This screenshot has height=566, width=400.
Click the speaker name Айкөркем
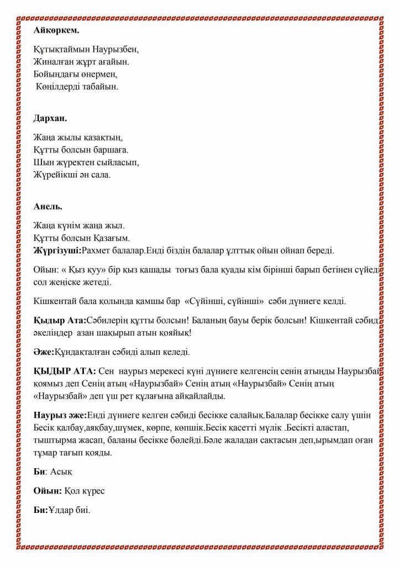(x=56, y=30)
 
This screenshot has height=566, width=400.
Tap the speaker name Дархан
(x=50, y=118)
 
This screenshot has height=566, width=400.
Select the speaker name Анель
(x=48, y=206)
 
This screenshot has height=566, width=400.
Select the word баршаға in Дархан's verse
(x=111, y=150)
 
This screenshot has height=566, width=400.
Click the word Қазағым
(x=112, y=239)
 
